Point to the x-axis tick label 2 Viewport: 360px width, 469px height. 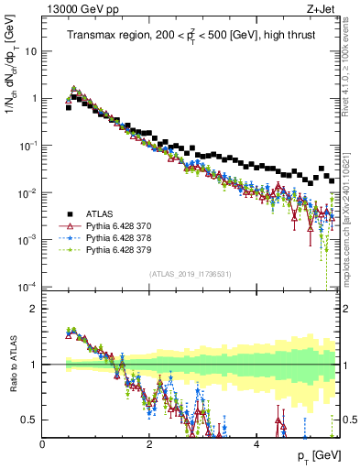[x=149, y=442]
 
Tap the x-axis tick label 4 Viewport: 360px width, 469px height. [x=256, y=442]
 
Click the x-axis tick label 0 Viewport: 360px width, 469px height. [x=42, y=442]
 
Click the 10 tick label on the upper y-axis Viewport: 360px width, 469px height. [x=29, y=51]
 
